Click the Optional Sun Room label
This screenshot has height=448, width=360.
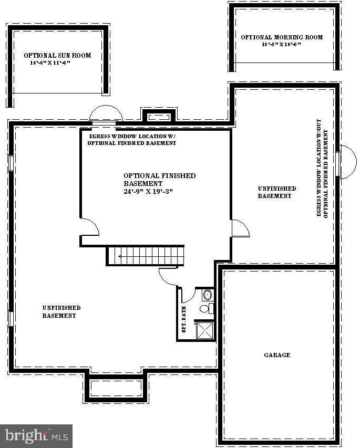pos(57,55)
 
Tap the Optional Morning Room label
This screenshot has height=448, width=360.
pos(282,37)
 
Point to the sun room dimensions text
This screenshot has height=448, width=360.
pos(50,62)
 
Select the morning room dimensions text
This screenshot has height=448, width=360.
pos(281,45)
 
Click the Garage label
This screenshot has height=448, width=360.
pos(277,355)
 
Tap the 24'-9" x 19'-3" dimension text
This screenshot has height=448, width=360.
pos(148,191)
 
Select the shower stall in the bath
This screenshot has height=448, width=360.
pos(204,330)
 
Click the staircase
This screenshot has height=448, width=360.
pos(146,255)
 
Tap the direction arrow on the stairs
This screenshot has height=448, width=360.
pos(122,256)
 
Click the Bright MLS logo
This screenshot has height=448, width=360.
pos(36,435)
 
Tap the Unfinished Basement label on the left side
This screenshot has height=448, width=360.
pos(61,311)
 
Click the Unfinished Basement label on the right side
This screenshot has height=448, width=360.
pos(276,192)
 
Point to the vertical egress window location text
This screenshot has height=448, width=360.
pos(322,173)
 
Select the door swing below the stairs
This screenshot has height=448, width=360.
pos(169,276)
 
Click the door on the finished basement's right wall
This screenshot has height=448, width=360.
pos(240,228)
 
